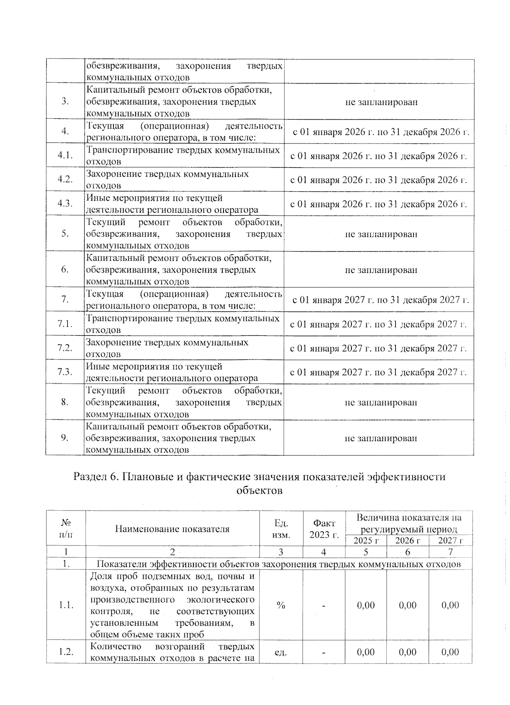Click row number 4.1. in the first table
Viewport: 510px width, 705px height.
click(65, 155)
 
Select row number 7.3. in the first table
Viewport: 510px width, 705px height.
click(65, 372)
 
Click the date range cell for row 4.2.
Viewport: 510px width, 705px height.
click(378, 180)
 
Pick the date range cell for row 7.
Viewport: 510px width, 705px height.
click(380, 300)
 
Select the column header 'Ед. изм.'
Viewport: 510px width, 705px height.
click(281, 528)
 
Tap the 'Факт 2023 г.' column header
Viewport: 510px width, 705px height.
click(324, 528)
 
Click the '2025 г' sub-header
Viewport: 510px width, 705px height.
click(365, 540)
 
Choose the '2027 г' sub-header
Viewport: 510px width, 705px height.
click(450, 540)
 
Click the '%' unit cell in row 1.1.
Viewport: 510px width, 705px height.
click(281, 605)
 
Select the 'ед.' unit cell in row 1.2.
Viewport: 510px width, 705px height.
click(281, 652)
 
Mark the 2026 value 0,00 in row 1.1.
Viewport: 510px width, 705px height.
click(408, 605)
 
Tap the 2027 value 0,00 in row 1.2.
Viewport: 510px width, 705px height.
click(450, 652)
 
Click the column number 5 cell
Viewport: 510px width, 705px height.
click(365, 552)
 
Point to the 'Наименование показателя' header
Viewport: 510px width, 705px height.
click(172, 528)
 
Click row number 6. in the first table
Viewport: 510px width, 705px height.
click(65, 270)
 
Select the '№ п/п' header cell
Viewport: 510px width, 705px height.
click(65, 528)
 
